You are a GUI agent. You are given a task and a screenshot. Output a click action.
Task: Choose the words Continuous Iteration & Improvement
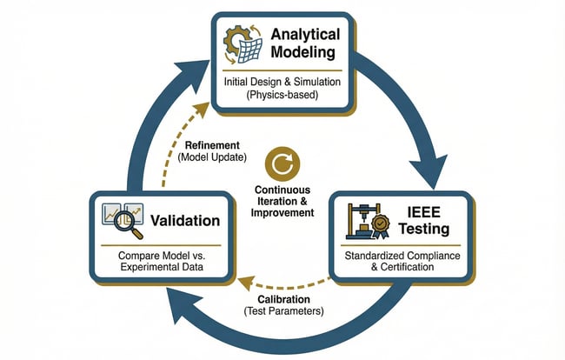(x=282, y=201)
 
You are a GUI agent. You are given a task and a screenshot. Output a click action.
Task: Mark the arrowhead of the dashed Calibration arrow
(x=244, y=282)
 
